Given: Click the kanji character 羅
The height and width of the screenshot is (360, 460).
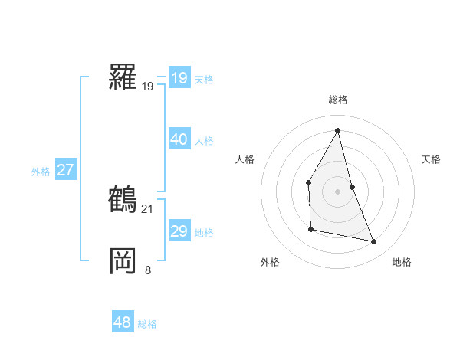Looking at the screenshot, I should [123, 77].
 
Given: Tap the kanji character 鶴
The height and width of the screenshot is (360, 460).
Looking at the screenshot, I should [123, 199].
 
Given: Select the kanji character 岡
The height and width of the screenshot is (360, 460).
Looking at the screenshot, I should [123, 260].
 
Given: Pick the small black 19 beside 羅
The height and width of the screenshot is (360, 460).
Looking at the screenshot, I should [148, 87].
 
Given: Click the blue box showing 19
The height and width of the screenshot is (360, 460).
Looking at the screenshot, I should [179, 78].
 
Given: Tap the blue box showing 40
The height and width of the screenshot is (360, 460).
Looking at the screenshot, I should [179, 139].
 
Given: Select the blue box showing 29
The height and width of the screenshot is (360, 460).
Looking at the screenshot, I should [179, 231].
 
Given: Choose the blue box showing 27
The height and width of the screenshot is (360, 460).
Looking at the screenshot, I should [65, 170].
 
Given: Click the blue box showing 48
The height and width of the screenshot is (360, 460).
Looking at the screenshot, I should [122, 322].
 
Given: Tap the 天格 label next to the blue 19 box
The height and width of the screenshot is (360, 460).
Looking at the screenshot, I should [204, 79].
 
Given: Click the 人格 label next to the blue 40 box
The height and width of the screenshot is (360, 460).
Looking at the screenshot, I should [204, 140].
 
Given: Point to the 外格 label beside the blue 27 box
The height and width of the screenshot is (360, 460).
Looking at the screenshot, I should [41, 171].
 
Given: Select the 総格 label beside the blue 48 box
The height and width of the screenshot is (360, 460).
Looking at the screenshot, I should [147, 323].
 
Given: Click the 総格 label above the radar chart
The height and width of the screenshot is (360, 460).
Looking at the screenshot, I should [337, 100].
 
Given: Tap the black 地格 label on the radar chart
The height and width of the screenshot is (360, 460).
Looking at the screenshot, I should [402, 262].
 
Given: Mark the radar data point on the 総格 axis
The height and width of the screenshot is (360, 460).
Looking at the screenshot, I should [337, 130].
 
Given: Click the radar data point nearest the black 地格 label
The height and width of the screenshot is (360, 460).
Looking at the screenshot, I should [374, 242].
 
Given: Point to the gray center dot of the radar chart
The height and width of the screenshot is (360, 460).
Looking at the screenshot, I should [337, 191].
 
